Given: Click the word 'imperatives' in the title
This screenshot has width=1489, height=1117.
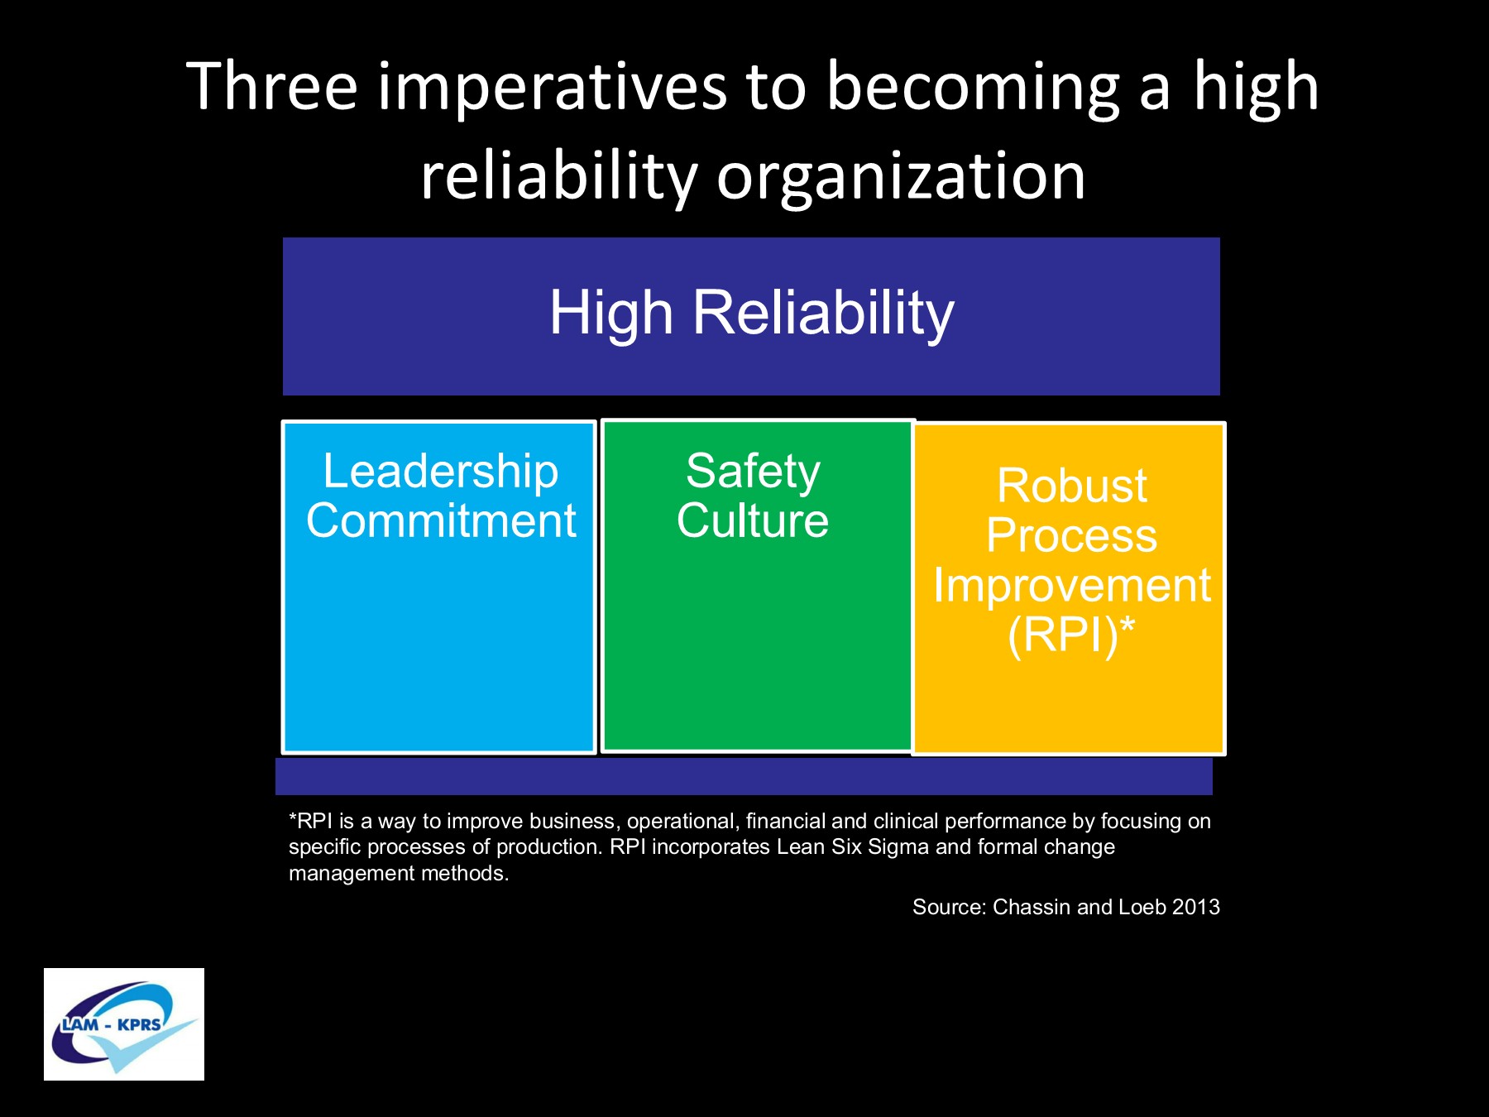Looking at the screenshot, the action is (553, 89).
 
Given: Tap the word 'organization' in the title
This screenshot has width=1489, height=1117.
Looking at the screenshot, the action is (901, 178).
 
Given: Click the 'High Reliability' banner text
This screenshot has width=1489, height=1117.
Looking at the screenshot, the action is (752, 314).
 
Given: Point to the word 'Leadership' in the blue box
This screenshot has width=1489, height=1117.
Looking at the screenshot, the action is (440, 472).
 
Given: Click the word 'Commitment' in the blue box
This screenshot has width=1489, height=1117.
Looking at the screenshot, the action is (441, 521).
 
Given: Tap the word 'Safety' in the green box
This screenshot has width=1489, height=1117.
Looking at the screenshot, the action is (753, 472).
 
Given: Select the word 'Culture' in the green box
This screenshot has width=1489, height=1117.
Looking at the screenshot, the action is (753, 521).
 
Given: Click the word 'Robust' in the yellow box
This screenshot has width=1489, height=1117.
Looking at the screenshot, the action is (1071, 486).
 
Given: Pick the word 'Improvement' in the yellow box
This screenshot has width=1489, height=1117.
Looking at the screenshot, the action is (1072, 587).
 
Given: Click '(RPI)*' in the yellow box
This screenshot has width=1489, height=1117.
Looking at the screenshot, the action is (1071, 635).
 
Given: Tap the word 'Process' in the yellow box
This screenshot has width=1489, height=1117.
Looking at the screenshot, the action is (1071, 535).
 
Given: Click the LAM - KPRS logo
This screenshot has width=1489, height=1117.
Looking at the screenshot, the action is (124, 1024).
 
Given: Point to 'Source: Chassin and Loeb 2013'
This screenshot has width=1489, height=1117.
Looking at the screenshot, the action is (1065, 907).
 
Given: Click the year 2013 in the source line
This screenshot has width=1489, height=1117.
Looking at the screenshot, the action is (1195, 907).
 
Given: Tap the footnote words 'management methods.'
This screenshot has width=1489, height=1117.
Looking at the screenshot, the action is (399, 874).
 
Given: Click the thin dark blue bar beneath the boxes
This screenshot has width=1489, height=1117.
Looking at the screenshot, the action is (744, 776).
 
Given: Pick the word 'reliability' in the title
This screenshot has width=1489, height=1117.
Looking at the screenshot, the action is (559, 178).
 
